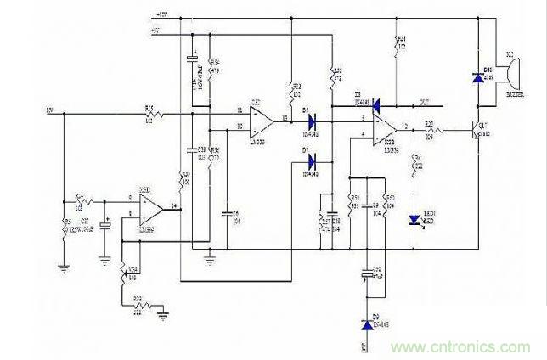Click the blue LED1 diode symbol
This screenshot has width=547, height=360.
point(415,220)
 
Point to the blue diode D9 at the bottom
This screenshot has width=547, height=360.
point(367,324)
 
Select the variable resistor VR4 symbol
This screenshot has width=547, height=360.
point(125,273)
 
